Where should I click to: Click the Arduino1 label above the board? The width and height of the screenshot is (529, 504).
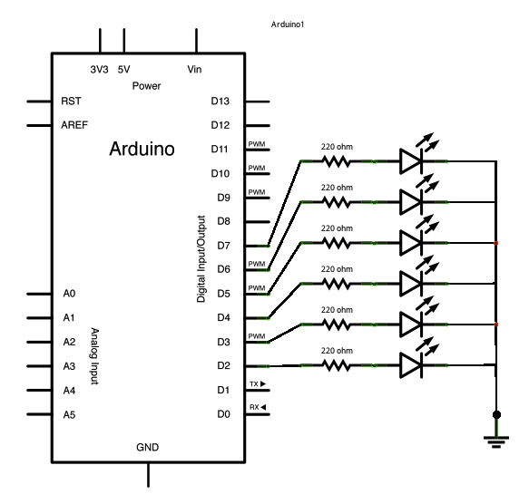tap(288, 24)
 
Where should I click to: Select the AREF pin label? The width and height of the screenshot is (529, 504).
tap(74, 125)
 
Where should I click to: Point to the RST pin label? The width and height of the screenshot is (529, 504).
tap(70, 101)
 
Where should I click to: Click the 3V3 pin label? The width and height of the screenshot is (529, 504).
tap(99, 69)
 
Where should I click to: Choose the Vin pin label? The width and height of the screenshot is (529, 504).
tap(194, 69)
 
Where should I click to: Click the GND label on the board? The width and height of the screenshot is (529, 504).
tap(147, 448)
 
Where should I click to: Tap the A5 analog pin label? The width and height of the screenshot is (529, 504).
tap(69, 414)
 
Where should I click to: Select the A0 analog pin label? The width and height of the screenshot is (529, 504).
tap(69, 294)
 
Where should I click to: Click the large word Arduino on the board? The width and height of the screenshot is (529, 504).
tap(142, 148)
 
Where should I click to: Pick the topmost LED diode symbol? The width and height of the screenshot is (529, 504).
tap(411, 161)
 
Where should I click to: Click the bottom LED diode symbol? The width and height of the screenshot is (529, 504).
tap(411, 365)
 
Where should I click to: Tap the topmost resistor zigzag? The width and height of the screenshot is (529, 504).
tap(337, 161)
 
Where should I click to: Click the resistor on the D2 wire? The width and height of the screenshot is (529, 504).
tap(337, 365)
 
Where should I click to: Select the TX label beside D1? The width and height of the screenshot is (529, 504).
tap(258, 384)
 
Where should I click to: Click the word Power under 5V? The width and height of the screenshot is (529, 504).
tap(146, 86)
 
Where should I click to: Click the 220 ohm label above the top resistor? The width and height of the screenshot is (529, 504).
tap(337, 146)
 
